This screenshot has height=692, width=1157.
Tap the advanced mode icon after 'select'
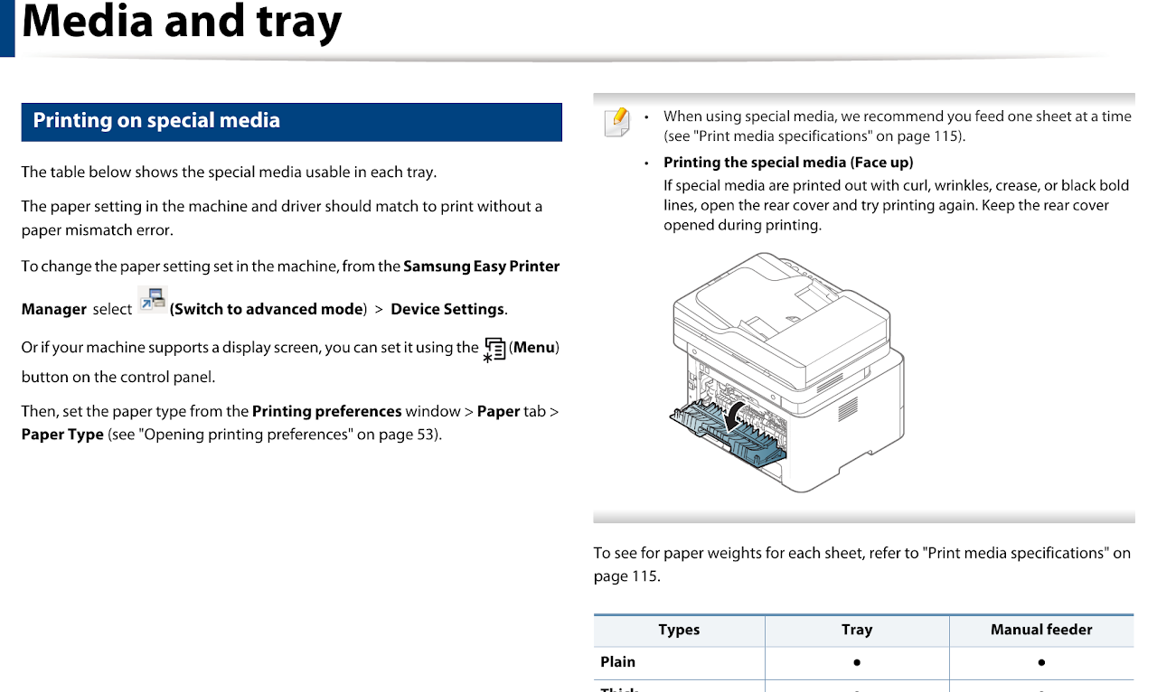152,300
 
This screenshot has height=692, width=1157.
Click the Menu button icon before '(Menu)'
494,350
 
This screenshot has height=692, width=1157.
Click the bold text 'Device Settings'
447,309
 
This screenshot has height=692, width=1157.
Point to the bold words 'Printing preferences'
326,411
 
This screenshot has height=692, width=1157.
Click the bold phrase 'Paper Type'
62,435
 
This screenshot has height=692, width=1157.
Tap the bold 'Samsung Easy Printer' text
481,267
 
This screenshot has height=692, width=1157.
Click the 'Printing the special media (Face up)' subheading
788,163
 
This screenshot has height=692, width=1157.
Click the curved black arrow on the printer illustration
739,412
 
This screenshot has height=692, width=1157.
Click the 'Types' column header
679,630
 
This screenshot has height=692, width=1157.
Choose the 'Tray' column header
856,630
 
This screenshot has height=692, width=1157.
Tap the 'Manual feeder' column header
1041,630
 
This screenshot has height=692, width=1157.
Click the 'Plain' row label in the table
618,662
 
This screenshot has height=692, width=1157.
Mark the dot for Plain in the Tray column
856,662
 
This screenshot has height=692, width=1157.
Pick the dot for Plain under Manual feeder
1041,662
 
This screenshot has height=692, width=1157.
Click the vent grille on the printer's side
847,409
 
